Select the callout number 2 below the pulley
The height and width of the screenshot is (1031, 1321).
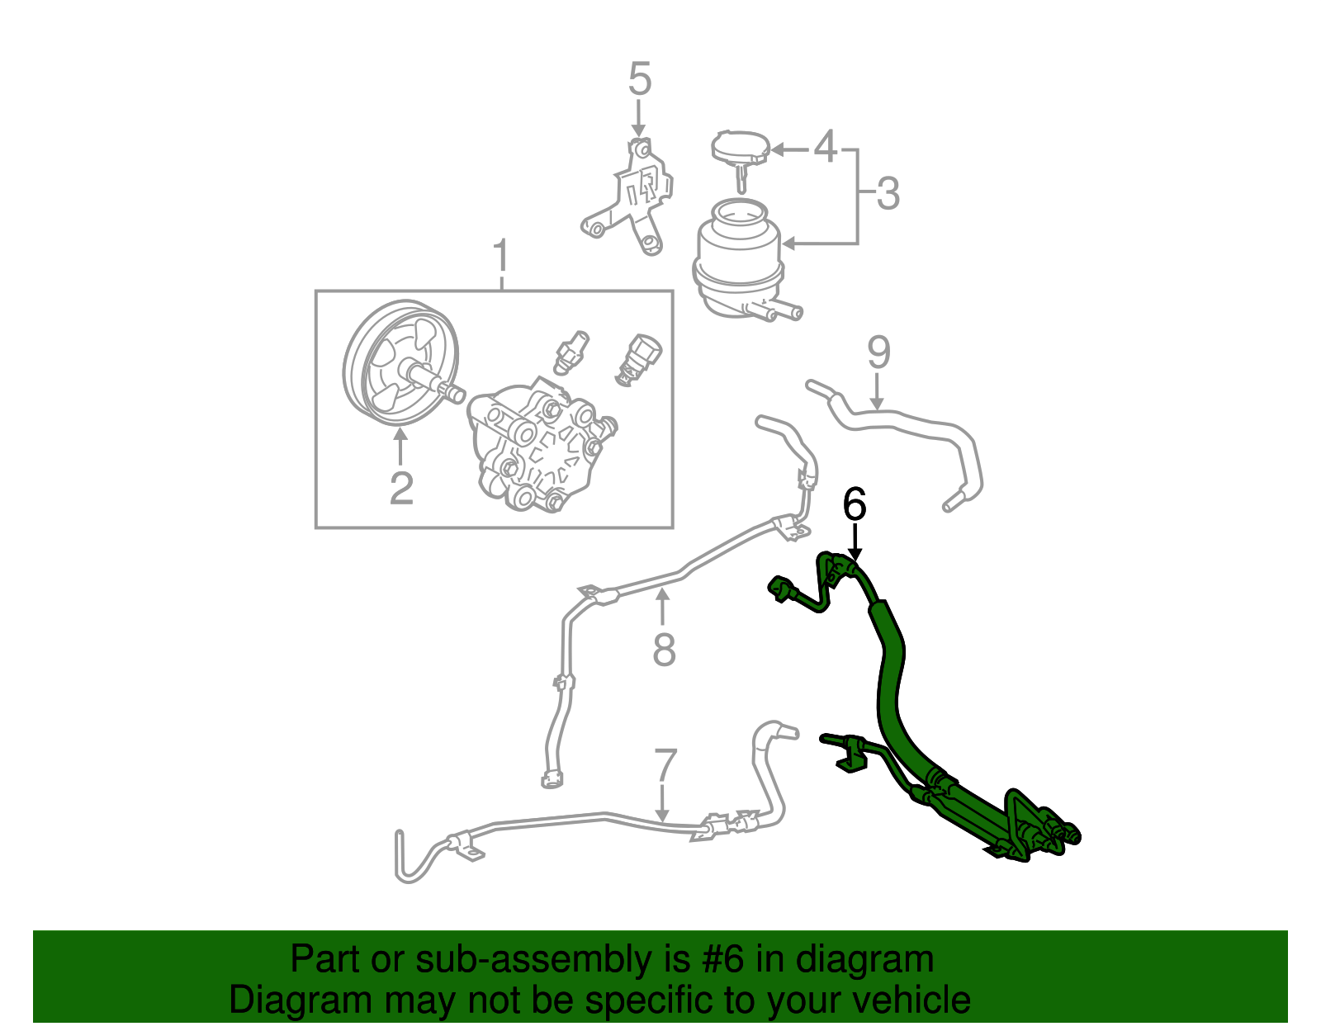(401, 489)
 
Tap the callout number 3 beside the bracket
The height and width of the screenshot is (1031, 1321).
(888, 194)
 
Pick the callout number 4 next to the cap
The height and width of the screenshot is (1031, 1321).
(826, 147)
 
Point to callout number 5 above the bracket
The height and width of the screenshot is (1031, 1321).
(639, 80)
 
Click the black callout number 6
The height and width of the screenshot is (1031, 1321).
(855, 504)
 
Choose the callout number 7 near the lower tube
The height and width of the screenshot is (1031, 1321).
(665, 767)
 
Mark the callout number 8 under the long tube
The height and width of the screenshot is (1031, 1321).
(664, 650)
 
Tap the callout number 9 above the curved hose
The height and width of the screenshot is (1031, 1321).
(879, 353)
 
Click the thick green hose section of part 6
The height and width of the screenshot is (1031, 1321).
(890, 677)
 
